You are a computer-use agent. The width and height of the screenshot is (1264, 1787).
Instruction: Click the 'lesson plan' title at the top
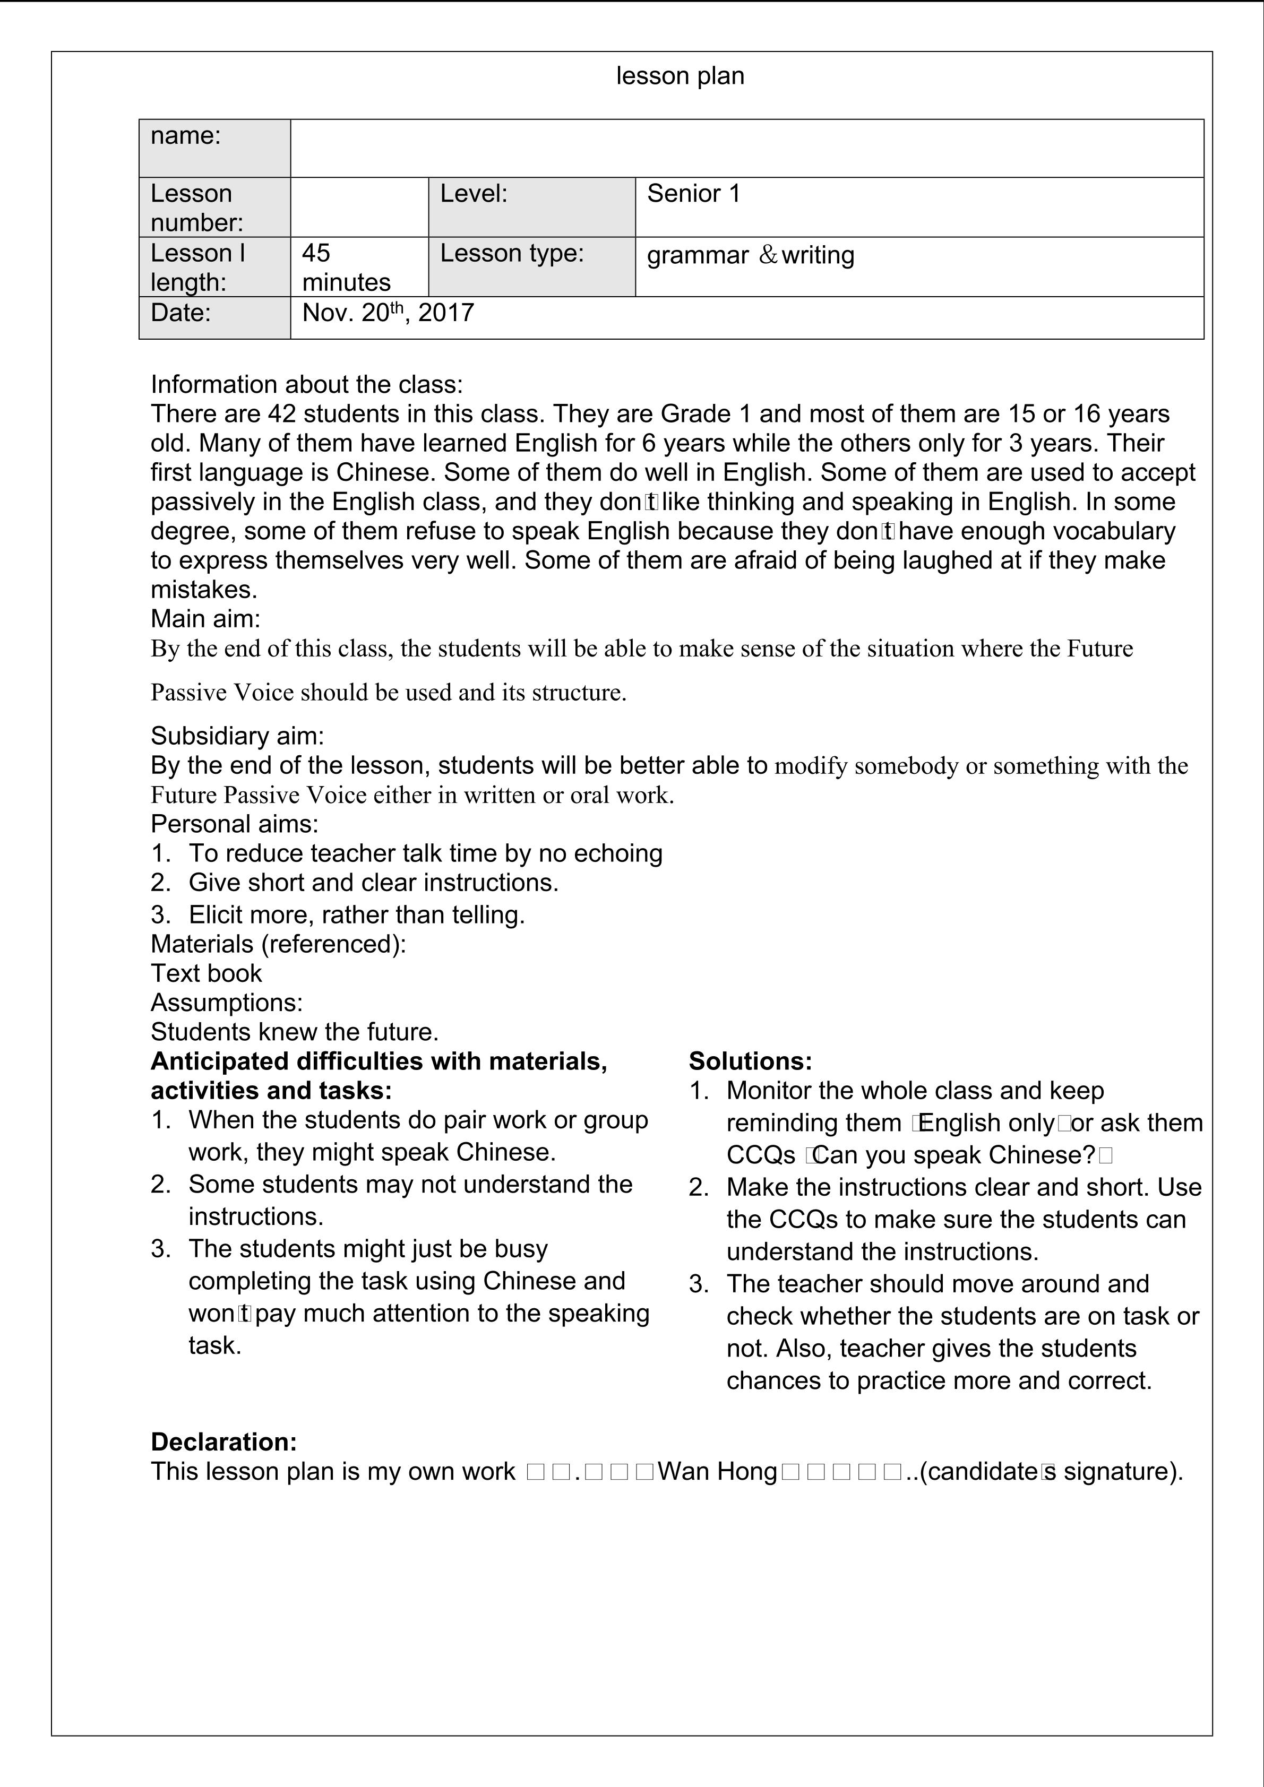680,76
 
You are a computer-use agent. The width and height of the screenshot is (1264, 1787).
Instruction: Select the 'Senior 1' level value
693,194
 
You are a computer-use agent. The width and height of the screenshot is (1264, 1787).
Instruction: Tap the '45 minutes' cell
346,267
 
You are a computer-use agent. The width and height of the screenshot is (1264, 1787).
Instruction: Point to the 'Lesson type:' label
511,254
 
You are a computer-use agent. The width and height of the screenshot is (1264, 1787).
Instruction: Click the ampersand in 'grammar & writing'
768,255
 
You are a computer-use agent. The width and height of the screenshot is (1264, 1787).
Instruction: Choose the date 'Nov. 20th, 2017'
388,313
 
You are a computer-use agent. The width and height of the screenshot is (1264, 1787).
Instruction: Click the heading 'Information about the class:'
307,384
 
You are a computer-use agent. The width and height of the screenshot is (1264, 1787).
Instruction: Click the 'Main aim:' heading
205,619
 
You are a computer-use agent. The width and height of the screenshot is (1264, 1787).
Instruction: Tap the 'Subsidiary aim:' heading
237,736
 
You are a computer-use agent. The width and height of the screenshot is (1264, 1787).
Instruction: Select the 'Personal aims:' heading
234,824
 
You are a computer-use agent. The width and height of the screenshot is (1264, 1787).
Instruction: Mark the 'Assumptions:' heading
227,1003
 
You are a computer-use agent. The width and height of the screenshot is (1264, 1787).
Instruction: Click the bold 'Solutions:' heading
750,1061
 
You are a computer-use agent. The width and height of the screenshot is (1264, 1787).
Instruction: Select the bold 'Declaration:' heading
223,1442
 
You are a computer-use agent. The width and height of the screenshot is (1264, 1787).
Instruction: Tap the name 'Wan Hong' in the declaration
717,1472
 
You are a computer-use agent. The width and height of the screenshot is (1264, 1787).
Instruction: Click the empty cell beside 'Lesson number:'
359,207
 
